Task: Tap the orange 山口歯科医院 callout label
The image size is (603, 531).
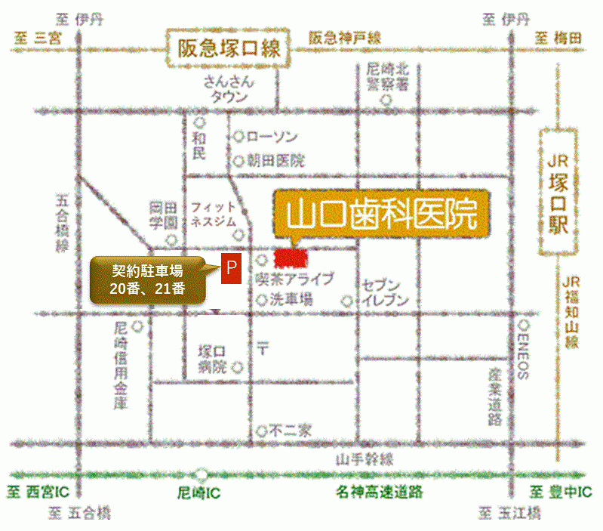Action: (382, 215)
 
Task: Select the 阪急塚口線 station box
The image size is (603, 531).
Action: (229, 49)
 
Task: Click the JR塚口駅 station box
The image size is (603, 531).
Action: (558, 193)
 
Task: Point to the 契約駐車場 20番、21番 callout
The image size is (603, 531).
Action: (148, 279)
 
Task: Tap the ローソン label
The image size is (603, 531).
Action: (272, 137)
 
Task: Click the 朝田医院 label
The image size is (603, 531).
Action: (275, 160)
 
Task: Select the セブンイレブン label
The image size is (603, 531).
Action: (386, 292)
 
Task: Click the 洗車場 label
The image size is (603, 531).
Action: (291, 300)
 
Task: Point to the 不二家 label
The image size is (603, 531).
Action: (291, 431)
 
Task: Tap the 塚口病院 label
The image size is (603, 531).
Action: (213, 360)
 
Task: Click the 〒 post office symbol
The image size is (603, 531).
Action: (263, 349)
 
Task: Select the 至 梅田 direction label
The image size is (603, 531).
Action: (558, 37)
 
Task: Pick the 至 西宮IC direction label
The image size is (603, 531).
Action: (38, 492)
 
